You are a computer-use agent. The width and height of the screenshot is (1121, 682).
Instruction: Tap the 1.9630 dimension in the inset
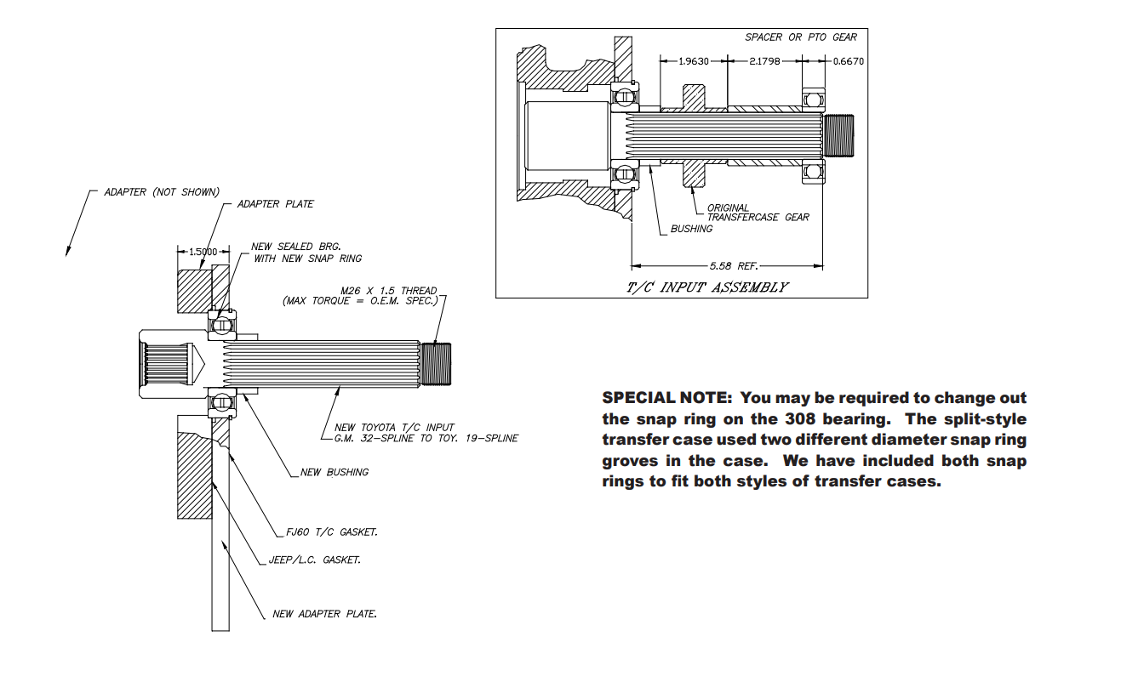(x=694, y=61)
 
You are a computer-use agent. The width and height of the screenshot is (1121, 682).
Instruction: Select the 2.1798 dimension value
(x=763, y=61)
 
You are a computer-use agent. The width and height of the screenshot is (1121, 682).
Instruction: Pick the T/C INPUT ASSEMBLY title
(x=706, y=287)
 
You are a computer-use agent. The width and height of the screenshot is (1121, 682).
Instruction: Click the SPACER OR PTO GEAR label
(x=801, y=37)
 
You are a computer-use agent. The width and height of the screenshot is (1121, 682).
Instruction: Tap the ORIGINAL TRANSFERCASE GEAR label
(x=758, y=213)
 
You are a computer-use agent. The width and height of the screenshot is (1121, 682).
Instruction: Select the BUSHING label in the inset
(x=690, y=230)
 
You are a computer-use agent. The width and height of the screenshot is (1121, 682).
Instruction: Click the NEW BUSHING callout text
(x=335, y=472)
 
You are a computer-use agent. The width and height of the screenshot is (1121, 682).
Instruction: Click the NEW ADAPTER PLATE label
(x=324, y=614)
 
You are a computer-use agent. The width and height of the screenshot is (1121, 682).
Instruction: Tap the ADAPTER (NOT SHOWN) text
(x=162, y=191)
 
